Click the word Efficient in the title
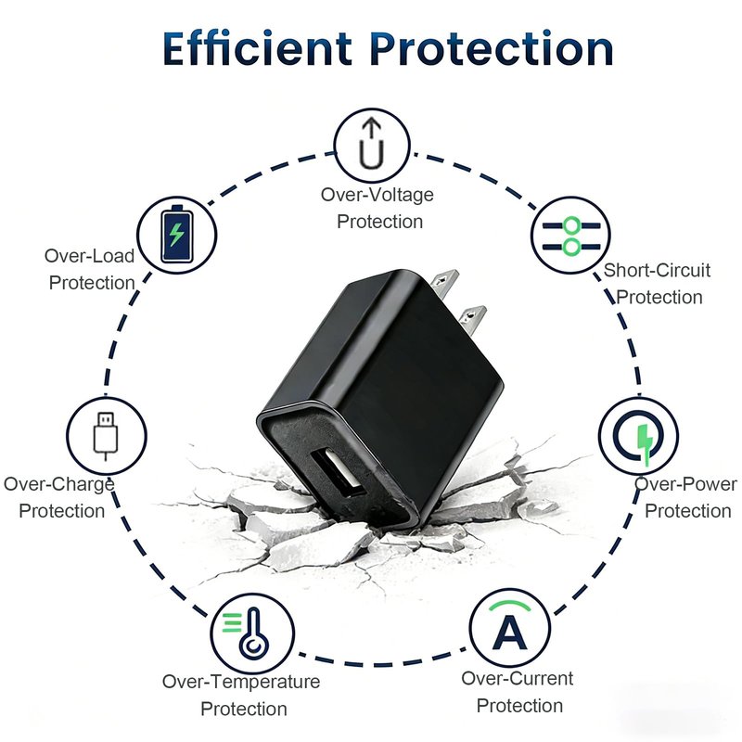[x=257, y=48]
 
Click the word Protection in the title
[x=493, y=48]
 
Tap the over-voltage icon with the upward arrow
[x=372, y=145]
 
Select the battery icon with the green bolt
[x=177, y=235]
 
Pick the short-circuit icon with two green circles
[x=570, y=236]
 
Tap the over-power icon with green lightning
[x=638, y=436]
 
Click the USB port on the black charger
[x=338, y=474]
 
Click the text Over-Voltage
[x=377, y=195]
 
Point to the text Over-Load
[x=89, y=256]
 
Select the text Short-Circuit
[x=657, y=270]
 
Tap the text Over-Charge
[x=59, y=484]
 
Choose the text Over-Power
[x=685, y=483]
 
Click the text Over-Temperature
[x=241, y=682]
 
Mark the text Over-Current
[x=518, y=678]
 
